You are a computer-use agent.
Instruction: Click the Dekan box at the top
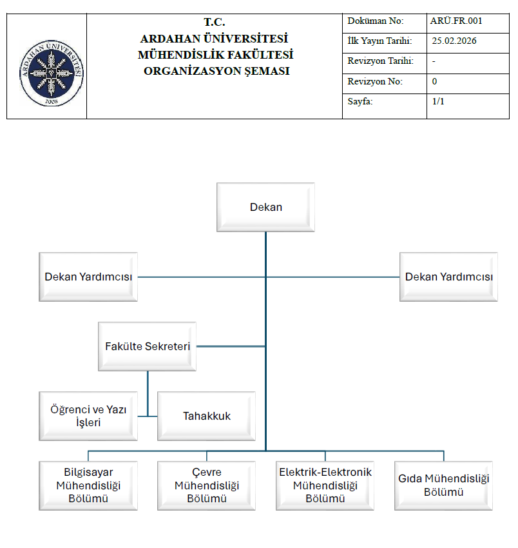pos(265,207)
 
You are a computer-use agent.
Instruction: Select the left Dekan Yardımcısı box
pos(88,277)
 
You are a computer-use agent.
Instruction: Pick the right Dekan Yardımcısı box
pos(448,277)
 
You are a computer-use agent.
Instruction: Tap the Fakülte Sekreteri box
pos(148,346)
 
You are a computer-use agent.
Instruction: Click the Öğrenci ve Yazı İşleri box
pos(88,416)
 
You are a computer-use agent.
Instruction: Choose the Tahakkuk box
pos(206,416)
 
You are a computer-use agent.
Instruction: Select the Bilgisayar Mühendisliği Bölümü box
pos(88,485)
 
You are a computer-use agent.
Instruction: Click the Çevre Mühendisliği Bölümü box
pos(206,485)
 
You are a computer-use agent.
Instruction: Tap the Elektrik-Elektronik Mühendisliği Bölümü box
pos(325,485)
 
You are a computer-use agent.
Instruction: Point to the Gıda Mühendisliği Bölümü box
pos(444,485)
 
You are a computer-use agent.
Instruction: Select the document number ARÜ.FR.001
pos(456,21)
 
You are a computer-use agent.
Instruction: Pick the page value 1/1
pos(439,102)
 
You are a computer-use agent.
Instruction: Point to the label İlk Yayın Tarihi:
pos(379,41)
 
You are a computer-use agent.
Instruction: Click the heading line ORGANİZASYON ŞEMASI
pos(216,71)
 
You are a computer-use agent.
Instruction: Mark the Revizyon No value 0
pos(434,82)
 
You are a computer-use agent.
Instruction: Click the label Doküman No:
pos(375,21)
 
